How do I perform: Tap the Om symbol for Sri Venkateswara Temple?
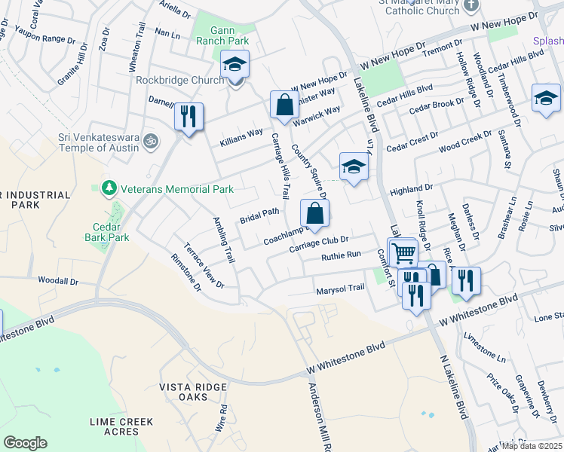point(150,140)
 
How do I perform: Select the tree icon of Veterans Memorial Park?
point(109,187)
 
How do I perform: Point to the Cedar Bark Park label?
point(112,232)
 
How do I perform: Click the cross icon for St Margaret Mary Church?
point(472,7)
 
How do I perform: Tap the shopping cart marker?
point(403,252)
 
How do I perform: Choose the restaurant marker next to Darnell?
point(188,117)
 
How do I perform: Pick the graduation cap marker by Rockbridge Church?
point(234,66)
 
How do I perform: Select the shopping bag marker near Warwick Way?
point(284,105)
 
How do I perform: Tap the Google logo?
point(25,443)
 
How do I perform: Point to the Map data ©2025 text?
point(531,446)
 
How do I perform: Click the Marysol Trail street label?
point(340,288)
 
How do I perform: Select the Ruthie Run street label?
point(342,256)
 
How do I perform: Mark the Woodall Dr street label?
point(59,281)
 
